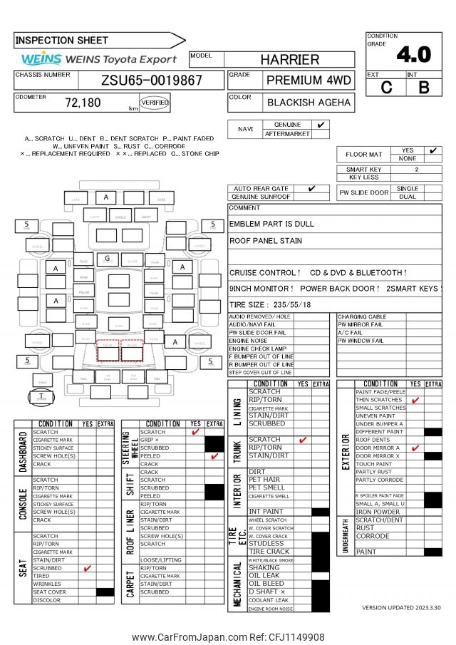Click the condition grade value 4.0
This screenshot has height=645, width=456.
413,54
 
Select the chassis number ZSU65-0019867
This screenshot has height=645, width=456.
151,80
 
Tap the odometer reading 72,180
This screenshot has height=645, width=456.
83,103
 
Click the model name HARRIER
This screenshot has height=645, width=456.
289,60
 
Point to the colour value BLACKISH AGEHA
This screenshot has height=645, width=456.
309,103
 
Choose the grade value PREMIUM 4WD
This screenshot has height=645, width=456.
309,80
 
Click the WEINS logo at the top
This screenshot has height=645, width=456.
41,59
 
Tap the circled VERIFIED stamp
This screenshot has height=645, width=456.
155,103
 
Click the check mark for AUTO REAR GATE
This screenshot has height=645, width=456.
311,188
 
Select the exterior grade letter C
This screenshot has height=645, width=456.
387,88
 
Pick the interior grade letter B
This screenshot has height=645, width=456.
424,88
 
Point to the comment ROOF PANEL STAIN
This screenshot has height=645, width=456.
266,241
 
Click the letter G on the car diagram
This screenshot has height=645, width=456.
107,258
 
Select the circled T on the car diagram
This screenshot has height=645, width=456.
41,397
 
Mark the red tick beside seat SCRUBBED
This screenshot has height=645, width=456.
88,568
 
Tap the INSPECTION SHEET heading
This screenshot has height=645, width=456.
62,41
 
